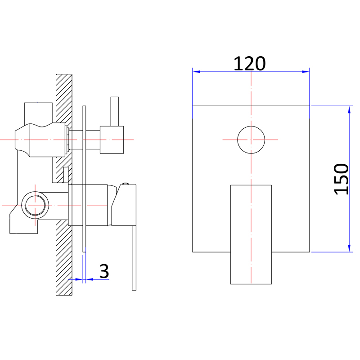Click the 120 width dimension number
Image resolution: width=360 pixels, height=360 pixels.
(x=250, y=63)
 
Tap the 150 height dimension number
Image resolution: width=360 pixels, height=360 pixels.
(x=342, y=179)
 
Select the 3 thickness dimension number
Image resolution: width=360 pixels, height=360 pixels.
(x=104, y=271)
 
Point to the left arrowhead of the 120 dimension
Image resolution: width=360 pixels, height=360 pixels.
(x=196, y=72)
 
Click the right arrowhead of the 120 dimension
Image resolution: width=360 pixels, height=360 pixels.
(x=306, y=72)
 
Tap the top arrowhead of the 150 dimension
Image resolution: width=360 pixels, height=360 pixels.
(x=349, y=110)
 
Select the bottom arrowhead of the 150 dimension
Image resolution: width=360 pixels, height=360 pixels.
(x=349, y=248)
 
